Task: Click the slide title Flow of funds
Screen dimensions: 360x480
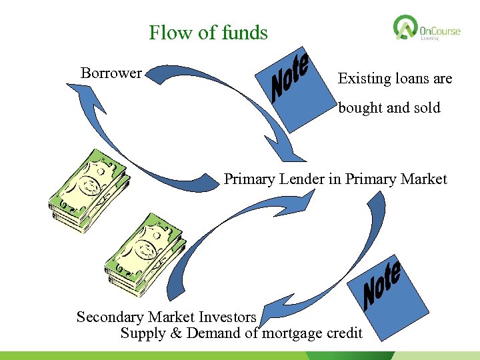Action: [208, 33]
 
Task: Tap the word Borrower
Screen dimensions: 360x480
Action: [111, 73]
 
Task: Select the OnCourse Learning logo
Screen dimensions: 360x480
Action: [427, 29]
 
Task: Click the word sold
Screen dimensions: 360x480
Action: [427, 108]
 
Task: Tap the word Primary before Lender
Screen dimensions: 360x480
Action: [247, 179]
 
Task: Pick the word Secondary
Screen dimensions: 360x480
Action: [109, 317]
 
